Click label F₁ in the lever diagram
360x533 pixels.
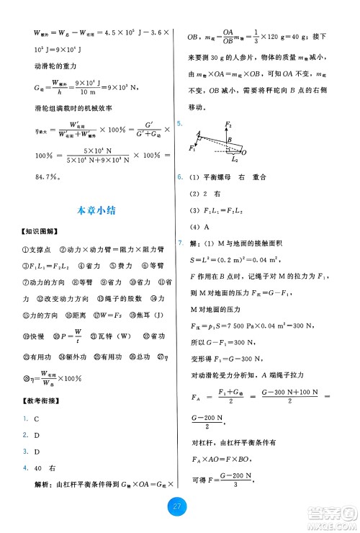(192, 149)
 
